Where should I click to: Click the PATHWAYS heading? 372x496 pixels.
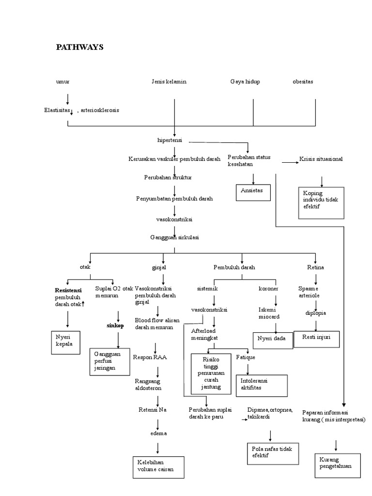tap(79, 47)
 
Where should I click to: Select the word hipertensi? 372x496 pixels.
tap(170, 140)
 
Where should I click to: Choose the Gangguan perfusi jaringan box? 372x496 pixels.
tap(110, 361)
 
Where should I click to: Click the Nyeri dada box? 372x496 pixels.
tap(273, 339)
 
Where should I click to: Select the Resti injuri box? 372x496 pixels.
tap(320, 338)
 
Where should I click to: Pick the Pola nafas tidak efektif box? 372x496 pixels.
tap(272, 453)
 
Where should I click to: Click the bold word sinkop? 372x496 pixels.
tap(115, 325)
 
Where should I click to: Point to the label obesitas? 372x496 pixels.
tap(303, 82)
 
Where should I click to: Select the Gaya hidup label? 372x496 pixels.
tap(245, 82)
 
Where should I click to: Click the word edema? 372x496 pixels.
tap(158, 433)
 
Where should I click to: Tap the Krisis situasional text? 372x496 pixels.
tap(321, 159)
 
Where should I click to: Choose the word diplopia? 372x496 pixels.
tap(315, 313)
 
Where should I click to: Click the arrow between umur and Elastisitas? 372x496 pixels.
tap(67, 99)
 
